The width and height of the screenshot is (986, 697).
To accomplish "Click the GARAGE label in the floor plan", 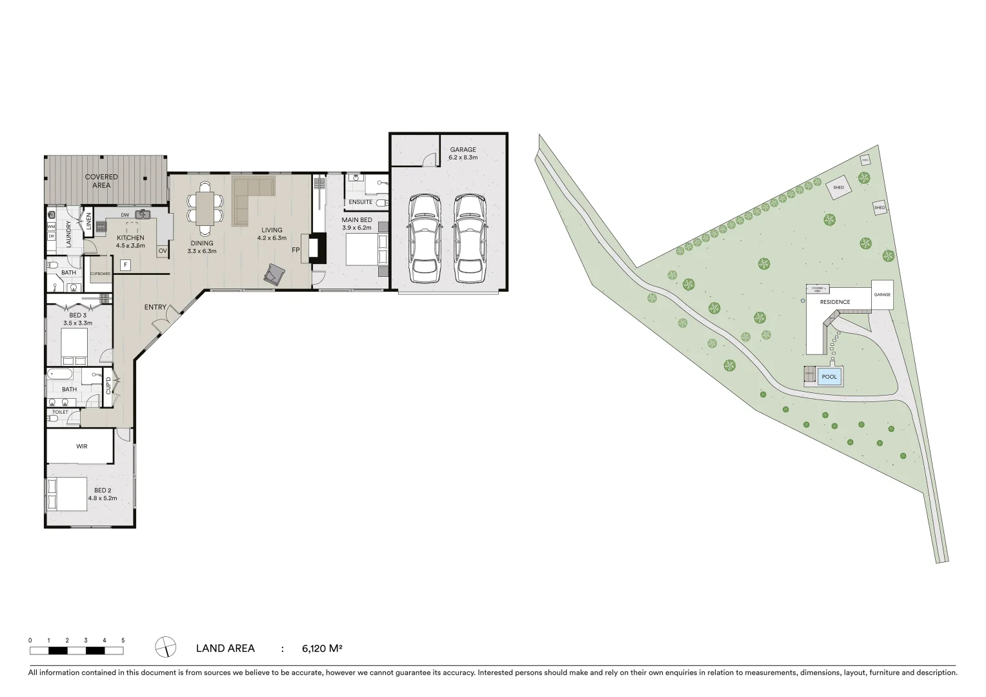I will (463, 150).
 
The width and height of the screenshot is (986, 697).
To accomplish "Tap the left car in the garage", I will (425, 237).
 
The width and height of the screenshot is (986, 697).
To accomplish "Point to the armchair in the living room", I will (274, 275).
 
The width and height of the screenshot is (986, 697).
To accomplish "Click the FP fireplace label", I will (296, 250).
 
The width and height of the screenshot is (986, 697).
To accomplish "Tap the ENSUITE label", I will (361, 202).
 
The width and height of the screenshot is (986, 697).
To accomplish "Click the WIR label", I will (81, 446).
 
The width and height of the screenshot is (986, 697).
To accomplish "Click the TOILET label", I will (60, 412).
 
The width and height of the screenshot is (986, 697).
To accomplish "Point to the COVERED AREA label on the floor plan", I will (101, 181).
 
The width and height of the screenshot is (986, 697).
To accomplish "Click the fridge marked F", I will (125, 265).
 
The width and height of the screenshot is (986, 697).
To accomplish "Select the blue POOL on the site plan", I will (829, 377).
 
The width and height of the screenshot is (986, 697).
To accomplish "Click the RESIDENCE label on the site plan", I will (835, 302).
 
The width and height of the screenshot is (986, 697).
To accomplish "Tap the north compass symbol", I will (166, 646).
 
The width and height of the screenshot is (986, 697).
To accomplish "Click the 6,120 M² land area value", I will (321, 649).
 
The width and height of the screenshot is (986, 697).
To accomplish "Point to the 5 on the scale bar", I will (123, 640).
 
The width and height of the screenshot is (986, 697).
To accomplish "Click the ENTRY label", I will (156, 307).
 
